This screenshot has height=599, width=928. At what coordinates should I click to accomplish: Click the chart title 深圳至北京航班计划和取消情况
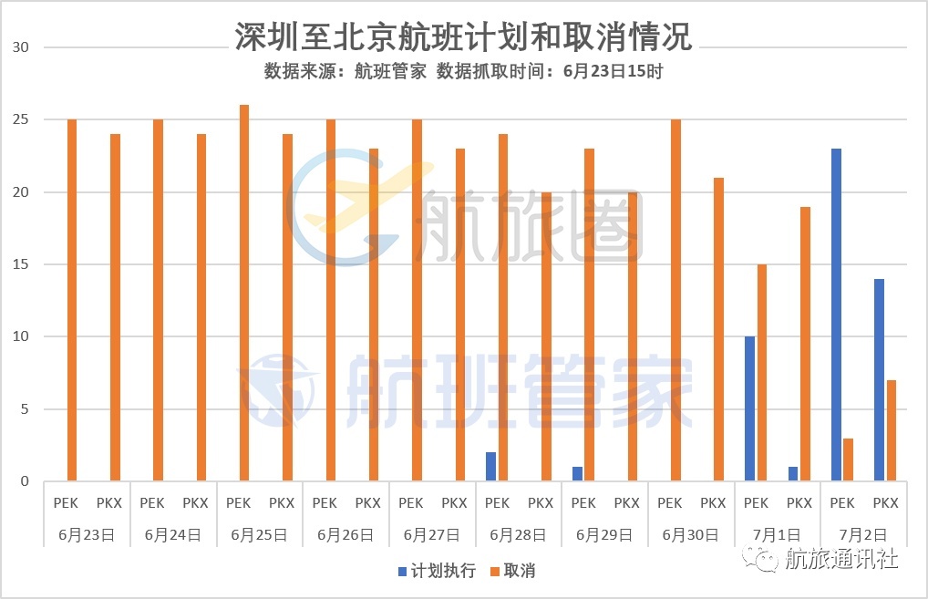click(x=463, y=37)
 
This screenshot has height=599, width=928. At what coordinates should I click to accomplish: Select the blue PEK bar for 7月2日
click(x=836, y=315)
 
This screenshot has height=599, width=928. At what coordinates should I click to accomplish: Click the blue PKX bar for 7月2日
click(x=879, y=379)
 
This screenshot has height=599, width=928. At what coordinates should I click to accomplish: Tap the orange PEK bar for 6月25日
click(x=244, y=293)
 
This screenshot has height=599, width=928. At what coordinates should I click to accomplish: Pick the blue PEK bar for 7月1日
click(x=749, y=408)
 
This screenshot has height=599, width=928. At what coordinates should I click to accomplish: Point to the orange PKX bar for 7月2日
click(x=891, y=430)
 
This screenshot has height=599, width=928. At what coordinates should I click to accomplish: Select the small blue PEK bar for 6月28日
click(x=491, y=466)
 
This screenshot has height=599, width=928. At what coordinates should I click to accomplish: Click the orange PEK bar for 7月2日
click(x=848, y=460)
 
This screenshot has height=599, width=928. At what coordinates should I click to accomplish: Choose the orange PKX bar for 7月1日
click(x=805, y=344)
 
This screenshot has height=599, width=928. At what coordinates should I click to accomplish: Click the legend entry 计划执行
click(x=436, y=572)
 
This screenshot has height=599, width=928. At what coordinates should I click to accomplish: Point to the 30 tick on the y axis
click(x=21, y=47)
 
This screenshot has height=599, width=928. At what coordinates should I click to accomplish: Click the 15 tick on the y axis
click(x=21, y=264)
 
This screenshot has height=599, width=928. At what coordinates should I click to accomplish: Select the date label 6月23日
click(x=88, y=534)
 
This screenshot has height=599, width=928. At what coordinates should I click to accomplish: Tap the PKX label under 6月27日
click(x=454, y=502)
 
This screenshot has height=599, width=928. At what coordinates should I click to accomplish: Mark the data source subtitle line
click(x=463, y=71)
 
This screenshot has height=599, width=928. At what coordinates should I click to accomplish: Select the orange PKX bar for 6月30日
click(x=718, y=329)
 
